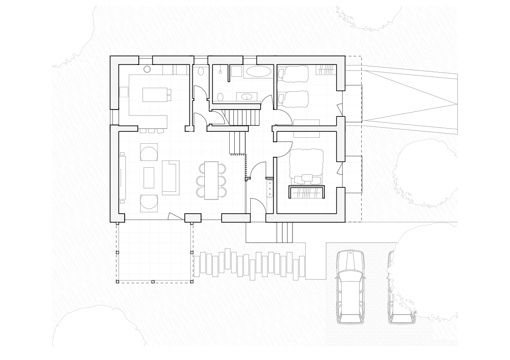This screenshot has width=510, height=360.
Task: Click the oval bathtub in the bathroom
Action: click(258, 71)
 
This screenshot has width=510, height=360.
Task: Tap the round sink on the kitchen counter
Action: click(147, 70)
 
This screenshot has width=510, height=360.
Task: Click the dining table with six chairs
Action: click(211, 180)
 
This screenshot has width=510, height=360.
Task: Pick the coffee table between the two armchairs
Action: click(149, 177)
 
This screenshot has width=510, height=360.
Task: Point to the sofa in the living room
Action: click(170, 177)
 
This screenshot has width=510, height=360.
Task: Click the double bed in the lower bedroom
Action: click(306, 164)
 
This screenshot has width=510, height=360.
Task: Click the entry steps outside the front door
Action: click(284, 232)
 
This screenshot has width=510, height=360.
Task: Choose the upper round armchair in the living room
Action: click(149, 152)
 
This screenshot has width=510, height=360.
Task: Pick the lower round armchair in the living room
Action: click(149, 203)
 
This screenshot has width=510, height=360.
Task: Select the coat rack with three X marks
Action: click(269, 188)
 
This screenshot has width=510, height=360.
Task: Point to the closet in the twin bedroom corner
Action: click(326, 69)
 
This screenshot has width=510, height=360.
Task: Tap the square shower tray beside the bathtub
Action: click(237, 71)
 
